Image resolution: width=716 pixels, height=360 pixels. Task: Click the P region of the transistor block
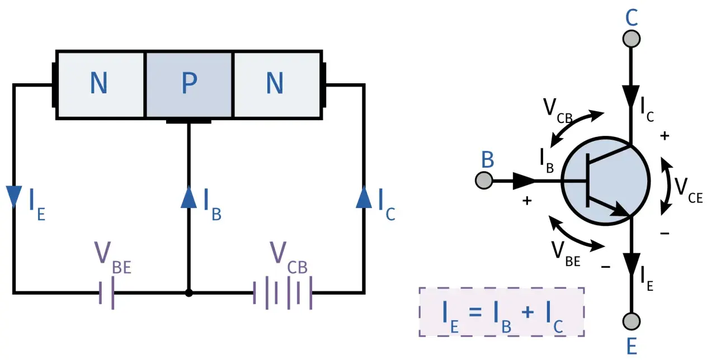coord(189,84)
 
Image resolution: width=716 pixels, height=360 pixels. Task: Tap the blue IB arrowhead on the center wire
coord(189,197)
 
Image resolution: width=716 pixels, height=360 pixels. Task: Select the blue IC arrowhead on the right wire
coord(364,197)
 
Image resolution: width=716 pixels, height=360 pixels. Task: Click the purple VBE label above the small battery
coord(113,258)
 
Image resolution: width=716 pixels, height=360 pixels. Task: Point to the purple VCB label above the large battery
coord(288,258)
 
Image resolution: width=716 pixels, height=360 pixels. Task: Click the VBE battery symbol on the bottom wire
coord(107,293)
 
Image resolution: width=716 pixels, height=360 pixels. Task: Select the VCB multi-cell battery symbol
coord(282,293)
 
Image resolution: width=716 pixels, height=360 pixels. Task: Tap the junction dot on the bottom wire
coord(189,293)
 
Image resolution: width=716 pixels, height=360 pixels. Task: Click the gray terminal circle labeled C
coord(632,39)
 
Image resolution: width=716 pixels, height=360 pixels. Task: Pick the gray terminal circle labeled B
coord(484,181)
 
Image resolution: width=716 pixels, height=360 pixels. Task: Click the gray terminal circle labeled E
coord(632,321)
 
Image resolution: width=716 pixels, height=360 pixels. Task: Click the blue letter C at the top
coord(632,17)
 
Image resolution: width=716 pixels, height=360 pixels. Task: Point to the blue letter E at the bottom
coord(632,346)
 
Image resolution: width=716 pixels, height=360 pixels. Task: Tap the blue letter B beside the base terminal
coord(487,159)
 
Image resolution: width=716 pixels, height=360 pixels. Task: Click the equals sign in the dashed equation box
coord(475,312)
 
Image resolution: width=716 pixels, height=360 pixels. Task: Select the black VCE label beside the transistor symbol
coord(689,191)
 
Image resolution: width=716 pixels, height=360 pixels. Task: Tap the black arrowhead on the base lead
coord(524,181)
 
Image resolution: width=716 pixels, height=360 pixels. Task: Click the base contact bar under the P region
coord(189,121)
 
